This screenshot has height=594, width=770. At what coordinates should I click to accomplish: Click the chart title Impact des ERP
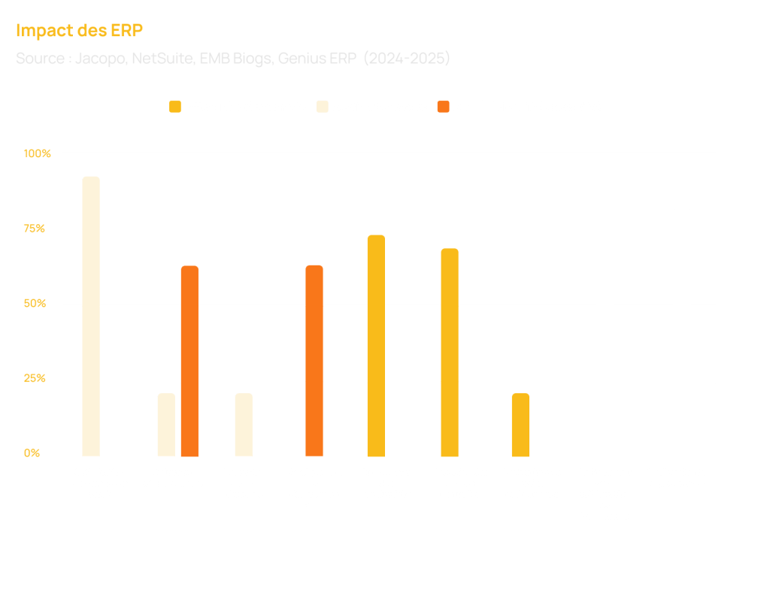pyautogui.click(x=79, y=31)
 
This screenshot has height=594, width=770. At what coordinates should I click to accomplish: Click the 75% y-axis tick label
pyautogui.click(x=35, y=229)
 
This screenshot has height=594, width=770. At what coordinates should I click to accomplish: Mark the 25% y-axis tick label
pyautogui.click(x=35, y=378)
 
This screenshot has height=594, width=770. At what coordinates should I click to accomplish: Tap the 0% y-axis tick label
pyautogui.click(x=31, y=453)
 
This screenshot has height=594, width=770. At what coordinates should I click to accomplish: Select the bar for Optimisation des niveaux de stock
pyautogui.click(x=91, y=316)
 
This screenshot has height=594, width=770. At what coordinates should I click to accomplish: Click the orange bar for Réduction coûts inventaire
pyautogui.click(x=189, y=361)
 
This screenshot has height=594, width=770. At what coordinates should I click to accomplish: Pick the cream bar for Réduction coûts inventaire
pyautogui.click(x=166, y=424)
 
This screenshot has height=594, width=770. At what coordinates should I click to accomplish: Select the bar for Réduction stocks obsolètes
pyautogui.click(x=244, y=424)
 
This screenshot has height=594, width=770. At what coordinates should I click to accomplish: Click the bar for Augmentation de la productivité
pyautogui.click(x=376, y=345)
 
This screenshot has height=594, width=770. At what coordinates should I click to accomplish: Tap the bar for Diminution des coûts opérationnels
pyautogui.click(x=520, y=424)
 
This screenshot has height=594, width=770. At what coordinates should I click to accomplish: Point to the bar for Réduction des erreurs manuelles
pyautogui.click(x=450, y=352)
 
